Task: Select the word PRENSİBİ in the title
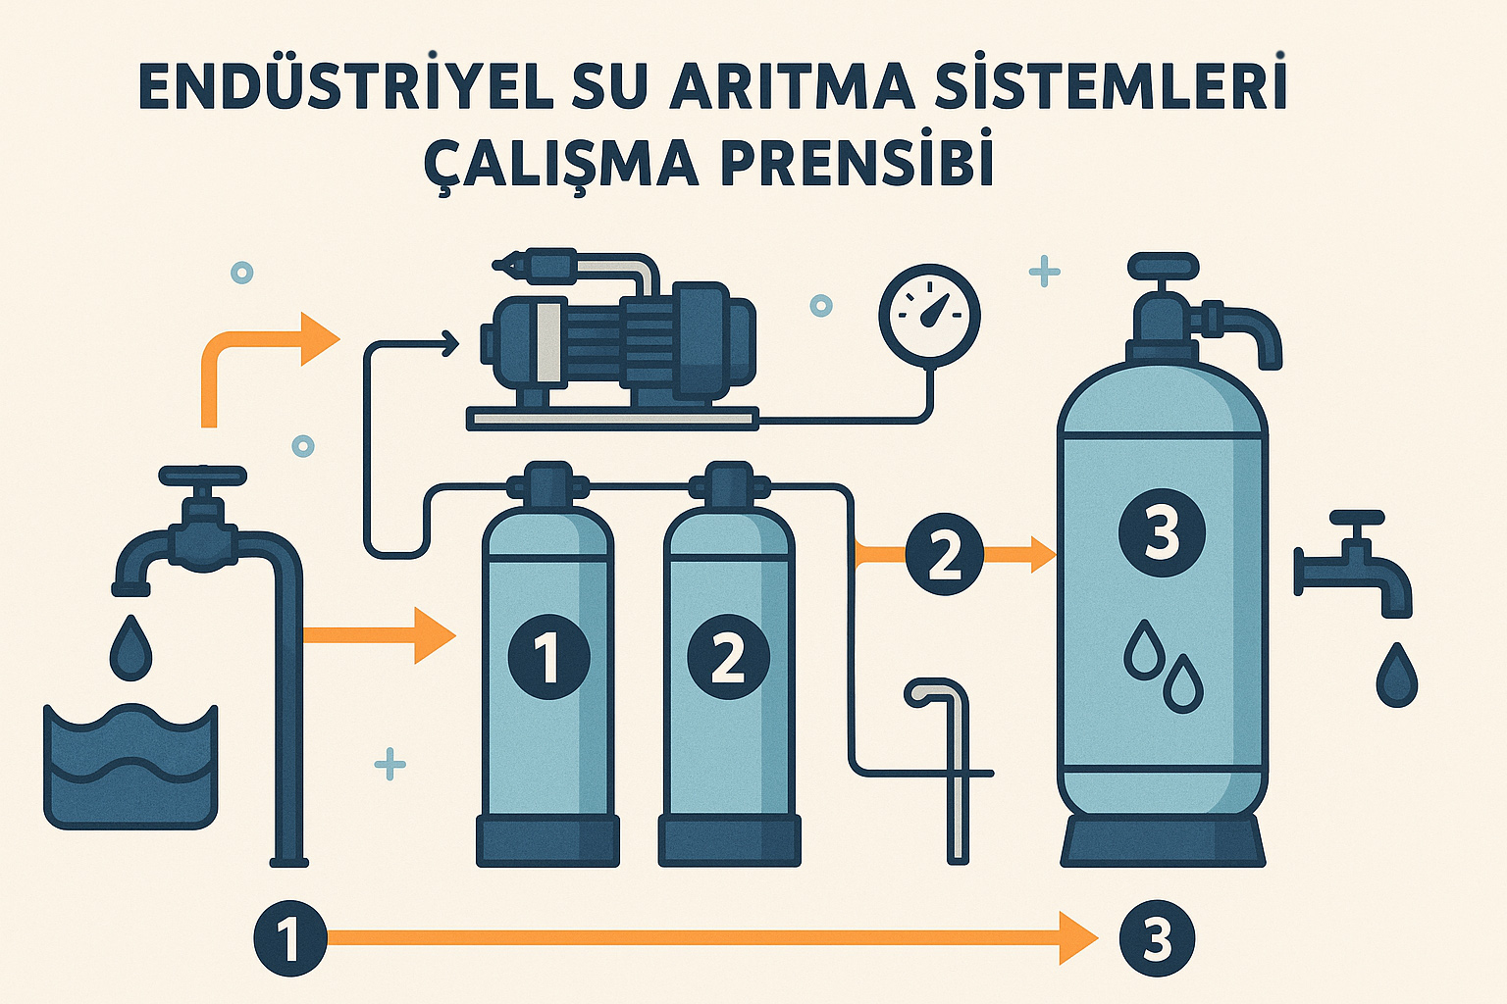857,163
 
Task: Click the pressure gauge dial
929,315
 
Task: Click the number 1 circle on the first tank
548,657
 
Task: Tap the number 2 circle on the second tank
728,657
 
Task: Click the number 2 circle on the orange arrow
944,556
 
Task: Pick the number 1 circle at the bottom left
290,938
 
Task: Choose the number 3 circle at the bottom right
1157,938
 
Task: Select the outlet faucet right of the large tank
1359,565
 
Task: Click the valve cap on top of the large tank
1164,266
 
